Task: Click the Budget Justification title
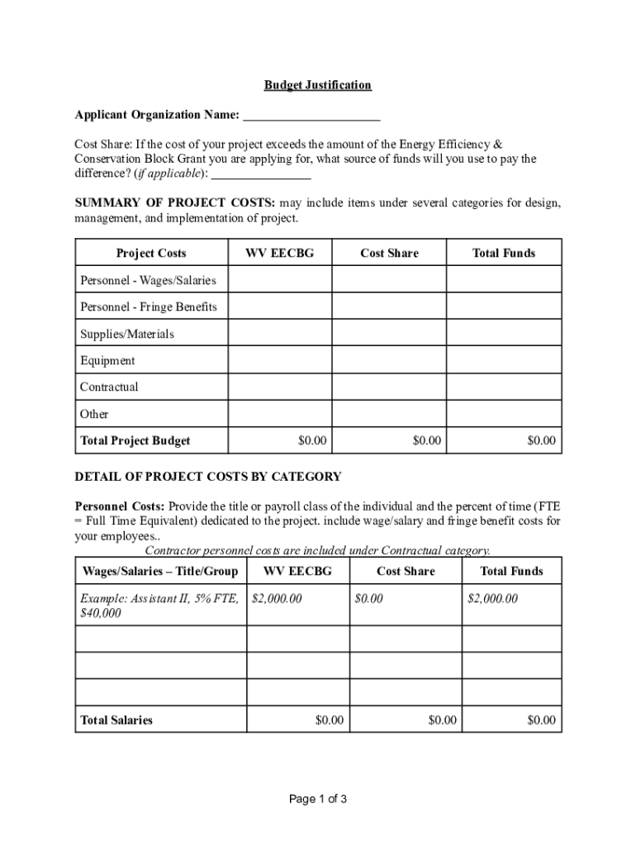pos(317,85)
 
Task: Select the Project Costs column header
pos(151,254)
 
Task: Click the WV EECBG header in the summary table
pos(280,254)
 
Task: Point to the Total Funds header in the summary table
pos(504,254)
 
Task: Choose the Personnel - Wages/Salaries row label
pos(148,281)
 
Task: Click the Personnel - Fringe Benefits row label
pos(148,307)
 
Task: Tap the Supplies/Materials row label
pos(127,335)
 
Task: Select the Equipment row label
pos(107,361)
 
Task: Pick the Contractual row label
pos(109,387)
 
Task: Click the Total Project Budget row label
pos(135,441)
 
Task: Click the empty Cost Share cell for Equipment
pos(389,361)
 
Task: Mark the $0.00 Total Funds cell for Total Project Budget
pos(542,441)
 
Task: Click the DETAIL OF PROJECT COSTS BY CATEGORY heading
pos(208,477)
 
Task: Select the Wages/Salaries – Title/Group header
pos(160,572)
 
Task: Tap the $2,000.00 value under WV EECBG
pos(277,598)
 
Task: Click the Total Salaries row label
pos(116,720)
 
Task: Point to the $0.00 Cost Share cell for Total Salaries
pos(443,720)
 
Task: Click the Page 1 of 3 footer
pos(317,799)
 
